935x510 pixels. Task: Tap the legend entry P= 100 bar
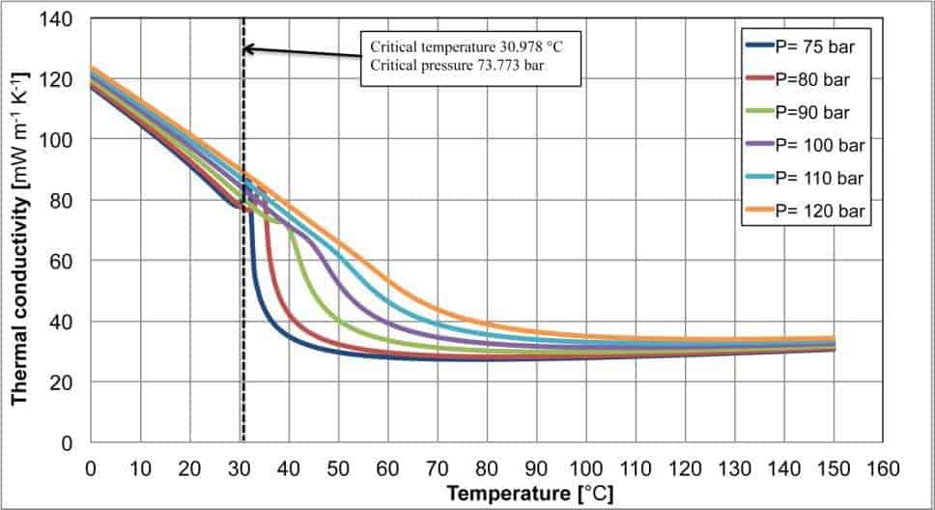click(806, 146)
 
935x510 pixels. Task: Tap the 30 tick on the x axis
click(239, 467)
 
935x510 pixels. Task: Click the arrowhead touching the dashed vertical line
click(248, 48)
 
